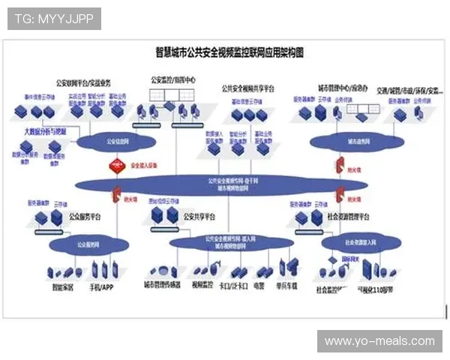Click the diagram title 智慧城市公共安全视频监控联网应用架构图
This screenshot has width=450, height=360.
(229, 53)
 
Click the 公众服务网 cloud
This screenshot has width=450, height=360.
(88, 244)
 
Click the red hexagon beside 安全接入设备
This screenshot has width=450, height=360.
(115, 166)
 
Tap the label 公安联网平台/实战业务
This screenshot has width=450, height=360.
(83, 83)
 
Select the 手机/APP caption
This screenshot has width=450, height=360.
(103, 286)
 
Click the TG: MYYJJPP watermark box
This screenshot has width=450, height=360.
(53, 18)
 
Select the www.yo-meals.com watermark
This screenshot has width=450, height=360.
(379, 341)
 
